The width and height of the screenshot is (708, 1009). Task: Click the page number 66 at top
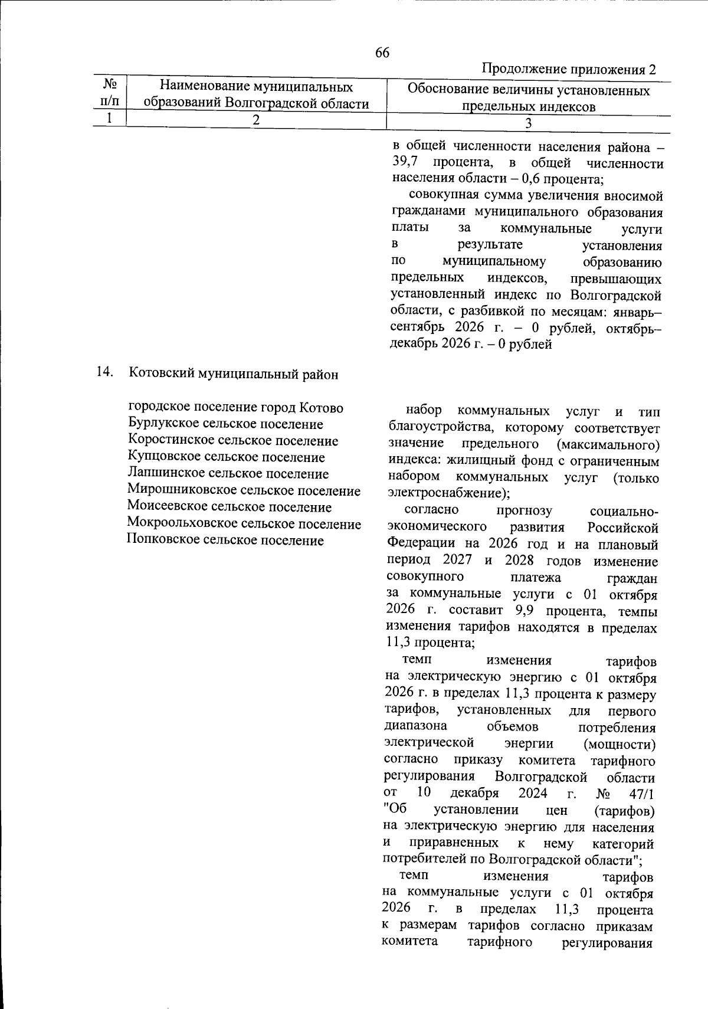coord(382,53)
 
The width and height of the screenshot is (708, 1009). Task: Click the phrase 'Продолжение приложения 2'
coord(569,69)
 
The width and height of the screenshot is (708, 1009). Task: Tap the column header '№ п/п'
coord(109,93)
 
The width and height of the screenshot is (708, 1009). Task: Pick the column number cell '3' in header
coord(528,123)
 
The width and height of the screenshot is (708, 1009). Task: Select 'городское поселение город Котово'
coord(235,408)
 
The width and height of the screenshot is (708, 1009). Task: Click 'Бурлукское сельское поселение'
coord(225,424)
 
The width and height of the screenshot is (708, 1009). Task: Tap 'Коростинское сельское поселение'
coord(233,441)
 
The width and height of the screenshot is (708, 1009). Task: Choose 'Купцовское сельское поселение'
coord(226,457)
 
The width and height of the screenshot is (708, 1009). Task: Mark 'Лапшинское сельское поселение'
coord(228,474)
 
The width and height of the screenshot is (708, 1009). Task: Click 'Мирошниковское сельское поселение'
coord(244,490)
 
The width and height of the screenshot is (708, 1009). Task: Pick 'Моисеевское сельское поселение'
coord(230,507)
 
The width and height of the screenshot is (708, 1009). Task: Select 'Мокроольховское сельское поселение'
coord(244,523)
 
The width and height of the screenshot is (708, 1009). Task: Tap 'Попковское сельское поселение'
coord(225,540)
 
